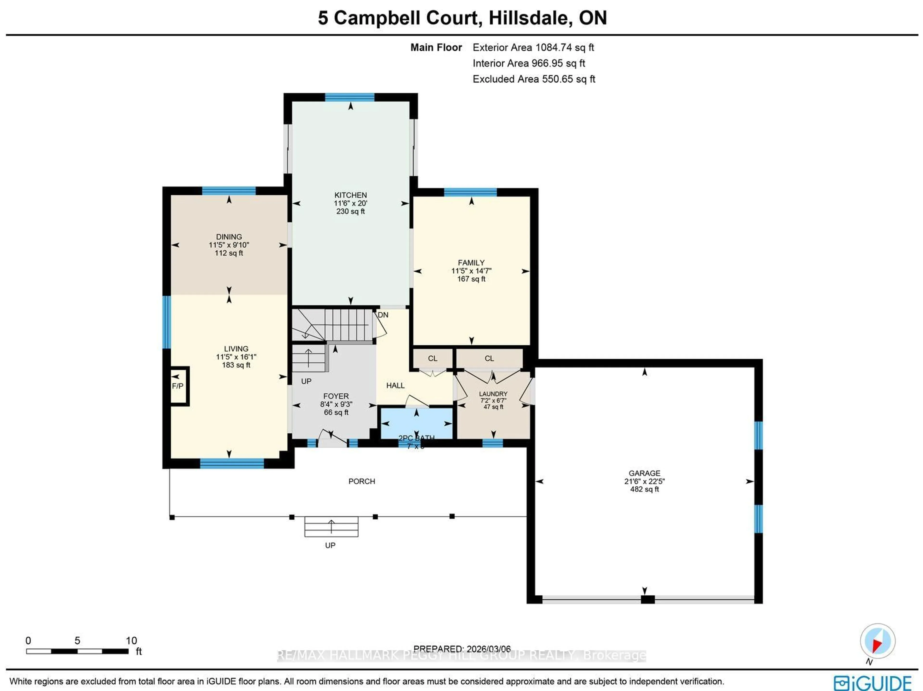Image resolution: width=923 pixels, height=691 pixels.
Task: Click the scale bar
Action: coord(77,651)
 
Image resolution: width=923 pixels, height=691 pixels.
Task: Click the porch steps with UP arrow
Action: coord(331,527)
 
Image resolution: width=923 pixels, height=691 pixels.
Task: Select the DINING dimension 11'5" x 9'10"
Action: coord(229,245)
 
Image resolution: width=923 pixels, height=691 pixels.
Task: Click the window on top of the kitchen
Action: coord(350,97)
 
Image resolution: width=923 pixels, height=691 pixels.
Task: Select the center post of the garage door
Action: coord(647,600)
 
